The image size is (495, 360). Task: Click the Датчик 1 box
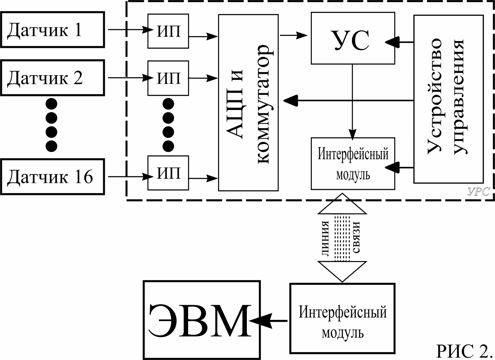click(x=53, y=30)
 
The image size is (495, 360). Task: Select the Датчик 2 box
click(x=53, y=78)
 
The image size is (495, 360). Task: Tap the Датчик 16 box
click(x=53, y=177)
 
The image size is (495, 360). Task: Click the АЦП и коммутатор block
click(x=249, y=102)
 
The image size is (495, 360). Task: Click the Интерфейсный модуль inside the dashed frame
click(x=352, y=163)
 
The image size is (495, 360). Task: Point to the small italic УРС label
click(x=478, y=193)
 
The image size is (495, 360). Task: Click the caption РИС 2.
click(x=464, y=350)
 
